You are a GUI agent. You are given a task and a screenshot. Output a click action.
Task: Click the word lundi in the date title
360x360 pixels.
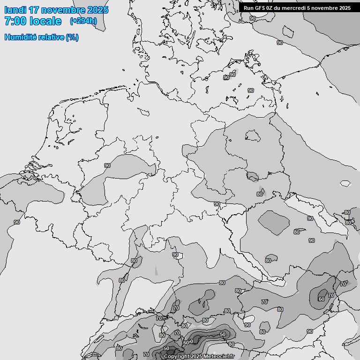click(x=15, y=10)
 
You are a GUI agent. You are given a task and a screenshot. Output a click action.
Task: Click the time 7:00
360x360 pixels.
click(x=16, y=21)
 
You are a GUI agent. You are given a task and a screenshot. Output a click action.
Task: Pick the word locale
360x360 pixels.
click(x=46, y=21)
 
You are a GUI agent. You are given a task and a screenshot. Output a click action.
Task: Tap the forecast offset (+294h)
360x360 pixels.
click(x=83, y=21)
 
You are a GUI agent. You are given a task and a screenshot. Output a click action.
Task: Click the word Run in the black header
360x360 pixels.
click(x=248, y=8)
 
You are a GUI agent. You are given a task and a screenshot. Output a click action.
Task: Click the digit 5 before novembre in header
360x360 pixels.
click(x=312, y=8)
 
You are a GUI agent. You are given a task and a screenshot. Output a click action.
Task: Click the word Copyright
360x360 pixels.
click(x=177, y=357)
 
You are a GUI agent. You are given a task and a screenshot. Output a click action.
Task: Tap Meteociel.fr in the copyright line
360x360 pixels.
click(x=219, y=357)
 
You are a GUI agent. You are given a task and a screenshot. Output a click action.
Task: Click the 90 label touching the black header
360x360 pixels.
click(x=253, y=18)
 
